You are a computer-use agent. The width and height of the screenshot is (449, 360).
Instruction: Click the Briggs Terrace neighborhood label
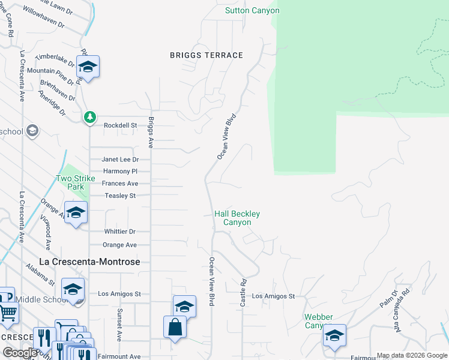pos(206,55)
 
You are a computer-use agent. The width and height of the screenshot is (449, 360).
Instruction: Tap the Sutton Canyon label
pos(252,11)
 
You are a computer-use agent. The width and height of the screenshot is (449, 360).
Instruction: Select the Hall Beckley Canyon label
pos(237,218)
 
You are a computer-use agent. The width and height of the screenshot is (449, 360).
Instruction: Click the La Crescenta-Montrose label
pos(89,262)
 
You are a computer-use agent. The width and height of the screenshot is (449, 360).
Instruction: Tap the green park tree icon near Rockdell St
pos(89,116)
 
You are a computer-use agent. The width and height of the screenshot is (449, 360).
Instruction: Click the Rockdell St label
pos(121,125)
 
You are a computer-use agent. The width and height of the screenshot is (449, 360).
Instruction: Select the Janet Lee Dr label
pos(120,160)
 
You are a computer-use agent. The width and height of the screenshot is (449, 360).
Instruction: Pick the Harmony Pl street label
pos(121,172)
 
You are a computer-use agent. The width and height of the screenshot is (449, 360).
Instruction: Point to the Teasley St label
pos(120,196)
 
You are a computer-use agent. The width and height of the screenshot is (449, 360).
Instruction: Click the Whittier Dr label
pos(119,232)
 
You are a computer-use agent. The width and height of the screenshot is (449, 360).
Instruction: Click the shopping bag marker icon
pos(175,328)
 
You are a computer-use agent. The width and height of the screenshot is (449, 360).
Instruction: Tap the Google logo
pos(20,353)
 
